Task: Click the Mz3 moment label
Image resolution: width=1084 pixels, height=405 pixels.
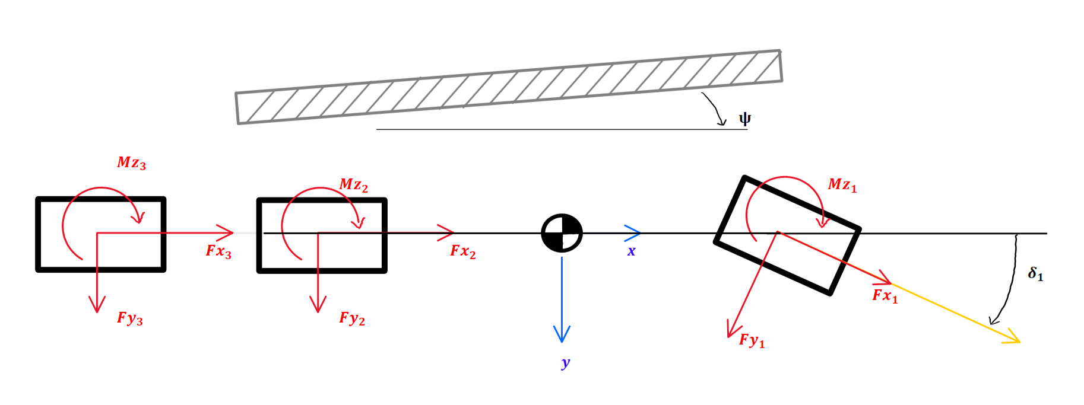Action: point(131,163)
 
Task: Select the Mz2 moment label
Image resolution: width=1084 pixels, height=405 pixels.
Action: point(353,185)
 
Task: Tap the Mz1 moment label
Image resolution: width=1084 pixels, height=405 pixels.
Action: point(842,185)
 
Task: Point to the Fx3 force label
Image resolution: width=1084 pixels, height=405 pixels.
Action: point(218,251)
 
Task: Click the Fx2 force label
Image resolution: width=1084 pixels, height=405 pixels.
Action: point(463,251)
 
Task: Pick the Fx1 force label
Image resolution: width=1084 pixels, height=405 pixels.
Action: point(885,295)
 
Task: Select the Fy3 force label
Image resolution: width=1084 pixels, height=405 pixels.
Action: point(129,319)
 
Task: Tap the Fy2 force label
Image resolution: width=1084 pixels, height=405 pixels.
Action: point(352,319)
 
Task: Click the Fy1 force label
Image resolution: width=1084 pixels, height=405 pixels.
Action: point(752,340)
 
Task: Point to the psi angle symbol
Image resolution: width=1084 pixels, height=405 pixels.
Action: point(744,119)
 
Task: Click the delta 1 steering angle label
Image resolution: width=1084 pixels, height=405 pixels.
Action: point(1035,274)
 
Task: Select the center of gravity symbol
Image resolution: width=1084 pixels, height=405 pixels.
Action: point(562,233)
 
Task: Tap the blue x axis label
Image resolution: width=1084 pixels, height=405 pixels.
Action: point(631,251)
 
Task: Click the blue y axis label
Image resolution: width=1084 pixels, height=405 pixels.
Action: point(565,363)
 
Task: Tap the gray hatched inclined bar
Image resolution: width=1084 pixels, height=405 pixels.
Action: point(509,87)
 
